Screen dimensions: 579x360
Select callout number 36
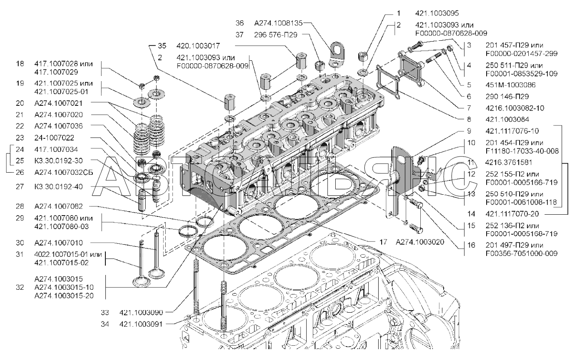[x=239, y=23]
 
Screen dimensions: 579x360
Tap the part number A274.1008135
[x=278, y=23]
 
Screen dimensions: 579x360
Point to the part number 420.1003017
[x=198, y=46]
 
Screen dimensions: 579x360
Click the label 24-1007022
[x=54, y=137]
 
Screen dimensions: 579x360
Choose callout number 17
[x=383, y=242]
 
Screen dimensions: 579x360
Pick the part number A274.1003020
[x=420, y=242]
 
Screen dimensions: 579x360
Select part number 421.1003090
[x=141, y=312]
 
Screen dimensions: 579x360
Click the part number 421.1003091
[x=141, y=324]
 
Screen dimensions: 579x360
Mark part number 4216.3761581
[x=509, y=162]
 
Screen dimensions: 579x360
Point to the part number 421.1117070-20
[x=512, y=214]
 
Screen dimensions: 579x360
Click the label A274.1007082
[x=59, y=206]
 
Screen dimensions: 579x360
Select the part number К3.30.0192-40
[x=59, y=187]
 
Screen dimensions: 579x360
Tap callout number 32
[x=20, y=287]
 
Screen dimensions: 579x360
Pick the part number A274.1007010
[x=59, y=242]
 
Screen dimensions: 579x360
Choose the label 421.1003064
[x=507, y=119]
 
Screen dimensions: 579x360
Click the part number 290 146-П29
[x=507, y=96]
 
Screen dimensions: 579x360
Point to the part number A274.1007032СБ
[x=64, y=172]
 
